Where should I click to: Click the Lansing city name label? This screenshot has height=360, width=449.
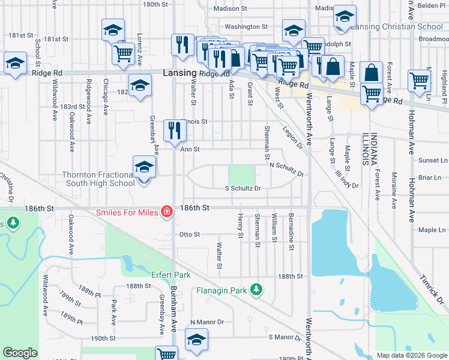click(x=179, y=73)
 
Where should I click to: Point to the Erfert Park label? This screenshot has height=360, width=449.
click(x=171, y=275)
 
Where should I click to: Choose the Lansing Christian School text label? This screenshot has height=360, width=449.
click(x=389, y=27)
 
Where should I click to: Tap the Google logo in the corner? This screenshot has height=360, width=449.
click(x=20, y=353)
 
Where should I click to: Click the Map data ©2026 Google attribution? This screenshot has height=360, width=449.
click(x=411, y=355)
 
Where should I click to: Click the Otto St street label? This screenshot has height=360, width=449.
click(x=189, y=235)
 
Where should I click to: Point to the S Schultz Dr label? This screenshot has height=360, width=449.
click(x=243, y=188)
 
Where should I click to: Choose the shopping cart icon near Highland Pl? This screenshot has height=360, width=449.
click(x=418, y=80)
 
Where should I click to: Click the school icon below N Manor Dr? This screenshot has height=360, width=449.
click(x=196, y=340)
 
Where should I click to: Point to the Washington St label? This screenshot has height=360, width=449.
click(x=246, y=27)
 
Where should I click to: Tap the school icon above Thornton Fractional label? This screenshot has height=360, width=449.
click(x=144, y=167)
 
